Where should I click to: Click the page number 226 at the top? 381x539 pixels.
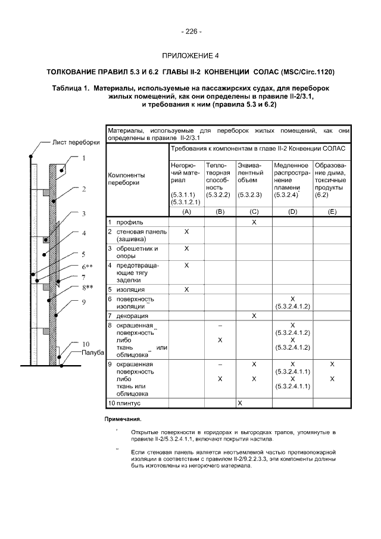(190, 32)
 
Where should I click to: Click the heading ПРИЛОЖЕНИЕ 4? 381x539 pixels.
(190, 56)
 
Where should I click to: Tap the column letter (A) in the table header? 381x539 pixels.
(186, 211)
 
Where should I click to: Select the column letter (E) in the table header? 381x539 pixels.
(332, 211)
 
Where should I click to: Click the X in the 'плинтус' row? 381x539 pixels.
(239, 403)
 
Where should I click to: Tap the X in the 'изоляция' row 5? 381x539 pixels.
(186, 289)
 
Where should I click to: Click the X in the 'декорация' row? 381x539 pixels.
(254, 315)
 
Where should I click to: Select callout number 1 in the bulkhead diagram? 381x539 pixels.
(84, 158)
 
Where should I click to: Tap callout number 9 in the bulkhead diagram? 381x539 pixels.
(84, 302)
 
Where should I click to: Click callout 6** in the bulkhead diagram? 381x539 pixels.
(87, 267)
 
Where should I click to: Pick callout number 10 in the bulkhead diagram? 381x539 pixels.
(86, 344)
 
